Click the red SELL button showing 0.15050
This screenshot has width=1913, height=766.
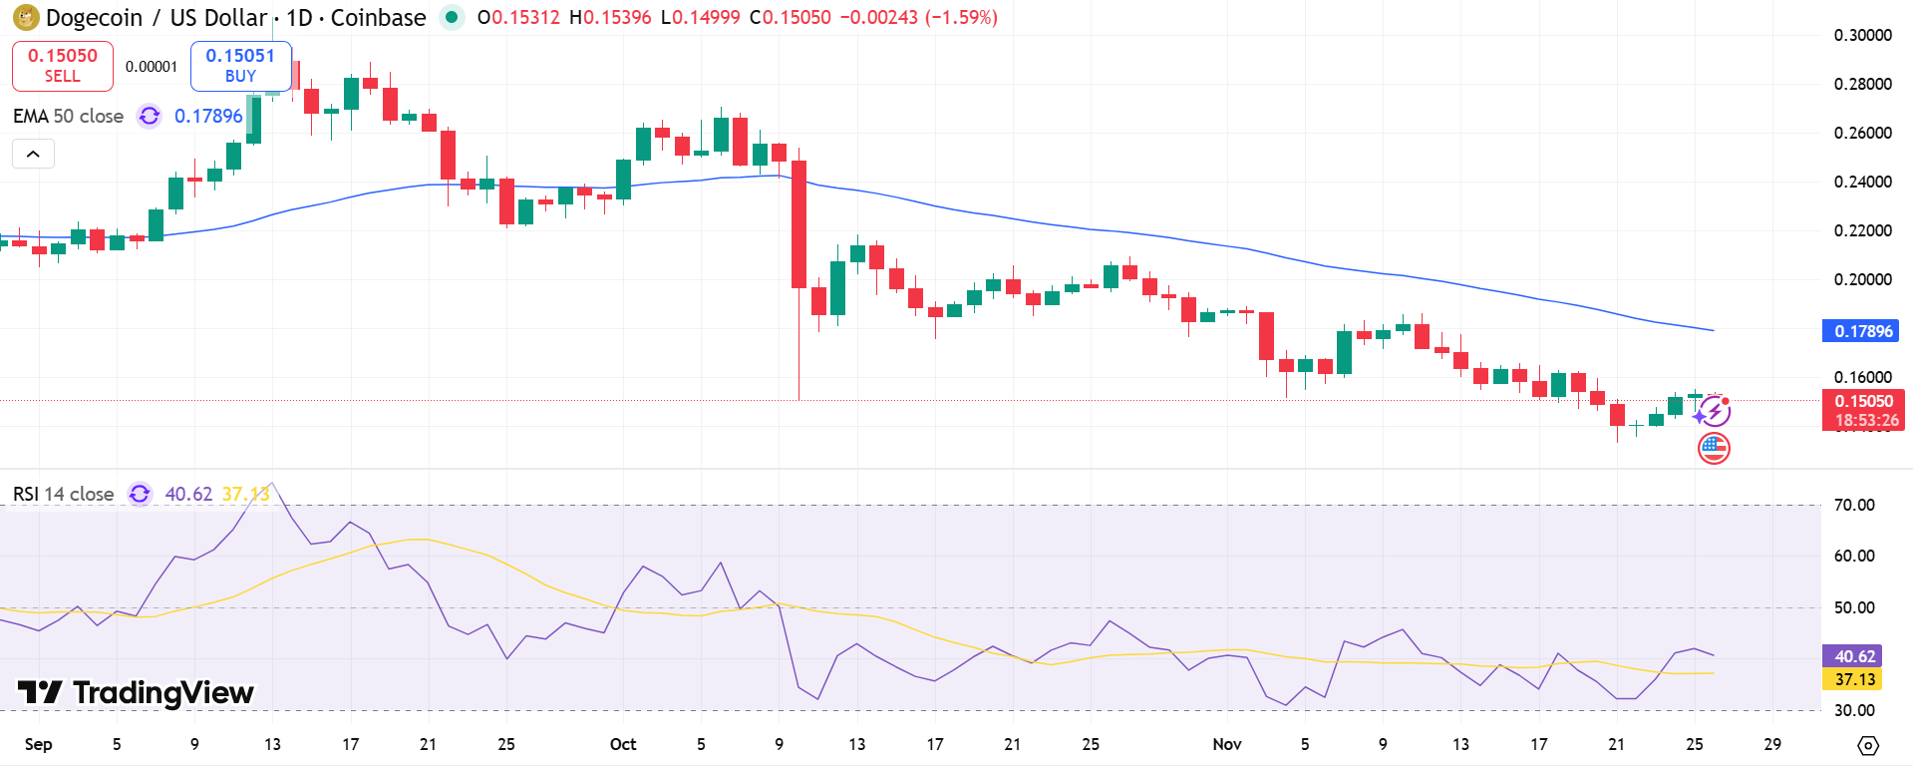[x=62, y=66]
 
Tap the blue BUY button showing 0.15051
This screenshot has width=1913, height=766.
[x=240, y=66]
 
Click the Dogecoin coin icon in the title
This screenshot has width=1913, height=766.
[x=26, y=17]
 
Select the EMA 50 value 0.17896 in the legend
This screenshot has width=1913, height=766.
[x=208, y=116]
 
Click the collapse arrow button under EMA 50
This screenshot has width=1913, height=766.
[x=33, y=154]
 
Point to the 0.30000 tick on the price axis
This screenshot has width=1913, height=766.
[x=1862, y=35]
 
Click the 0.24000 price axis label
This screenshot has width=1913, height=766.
[x=1862, y=182]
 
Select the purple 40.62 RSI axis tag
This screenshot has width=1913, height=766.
[x=1854, y=656]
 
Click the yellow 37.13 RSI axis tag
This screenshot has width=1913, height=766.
[x=1854, y=679]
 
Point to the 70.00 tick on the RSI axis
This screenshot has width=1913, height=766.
[x=1854, y=505]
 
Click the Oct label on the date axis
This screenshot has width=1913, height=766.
[x=623, y=744]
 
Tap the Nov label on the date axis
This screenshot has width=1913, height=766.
[x=1227, y=744]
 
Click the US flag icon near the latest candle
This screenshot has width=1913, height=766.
[x=1714, y=449]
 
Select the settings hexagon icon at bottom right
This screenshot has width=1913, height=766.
[x=1868, y=745]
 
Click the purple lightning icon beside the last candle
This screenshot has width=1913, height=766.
[x=1714, y=411]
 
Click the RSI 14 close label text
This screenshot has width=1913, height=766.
[x=64, y=494]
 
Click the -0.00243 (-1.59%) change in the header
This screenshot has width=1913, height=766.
[x=918, y=17]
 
